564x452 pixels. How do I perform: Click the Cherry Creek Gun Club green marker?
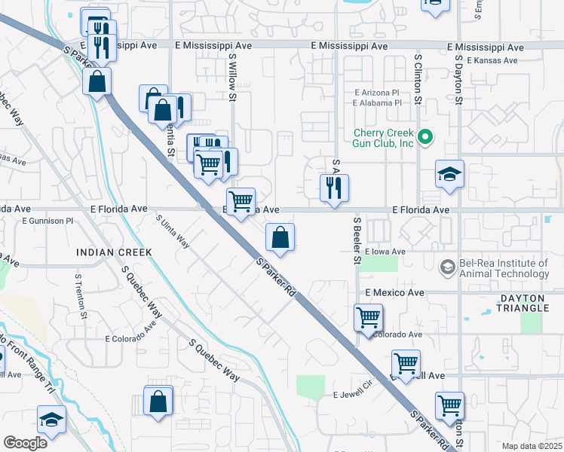(425, 137)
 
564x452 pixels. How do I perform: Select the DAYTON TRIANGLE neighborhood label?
(533, 303)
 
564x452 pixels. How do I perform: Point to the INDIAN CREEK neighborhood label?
(114, 252)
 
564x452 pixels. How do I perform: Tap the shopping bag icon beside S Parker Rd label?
(280, 238)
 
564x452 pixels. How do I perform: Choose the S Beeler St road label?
(357, 241)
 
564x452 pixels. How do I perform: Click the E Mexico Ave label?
(395, 292)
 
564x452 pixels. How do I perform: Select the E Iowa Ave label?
(385, 252)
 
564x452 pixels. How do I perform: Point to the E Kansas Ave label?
(492, 60)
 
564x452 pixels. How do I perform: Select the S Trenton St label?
(78, 295)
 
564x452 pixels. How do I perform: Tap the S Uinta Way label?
(173, 229)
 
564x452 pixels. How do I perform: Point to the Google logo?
(25, 443)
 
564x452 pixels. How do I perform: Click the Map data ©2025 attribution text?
(532, 446)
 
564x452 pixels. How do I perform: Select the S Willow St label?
(232, 78)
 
